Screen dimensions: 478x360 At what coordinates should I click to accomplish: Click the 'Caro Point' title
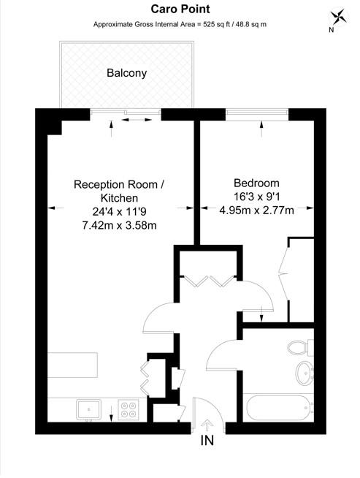179,9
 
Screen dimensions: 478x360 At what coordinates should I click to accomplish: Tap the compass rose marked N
337,18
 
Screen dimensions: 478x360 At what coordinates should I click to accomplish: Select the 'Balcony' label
126,73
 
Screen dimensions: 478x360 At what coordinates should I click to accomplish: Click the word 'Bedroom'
256,183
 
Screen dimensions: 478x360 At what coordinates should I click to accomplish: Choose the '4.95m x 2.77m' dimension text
256,211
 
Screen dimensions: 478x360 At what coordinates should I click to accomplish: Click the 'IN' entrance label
209,441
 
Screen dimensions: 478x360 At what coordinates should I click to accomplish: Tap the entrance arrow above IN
207,424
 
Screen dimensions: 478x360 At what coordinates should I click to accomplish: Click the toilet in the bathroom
299,346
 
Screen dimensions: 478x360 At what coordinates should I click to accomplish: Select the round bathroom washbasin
303,373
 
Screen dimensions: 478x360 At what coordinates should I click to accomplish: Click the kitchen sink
88,409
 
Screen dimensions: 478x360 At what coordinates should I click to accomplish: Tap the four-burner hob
129,409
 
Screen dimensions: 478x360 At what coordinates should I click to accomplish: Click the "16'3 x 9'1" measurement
256,197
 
